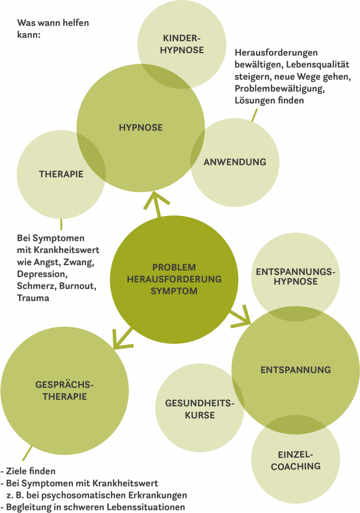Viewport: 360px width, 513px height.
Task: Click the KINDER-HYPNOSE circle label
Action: [183, 44]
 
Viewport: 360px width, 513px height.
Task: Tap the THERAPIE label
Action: [61, 174]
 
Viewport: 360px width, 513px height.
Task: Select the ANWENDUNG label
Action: [234, 162]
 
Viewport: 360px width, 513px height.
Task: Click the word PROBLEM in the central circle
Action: [174, 267]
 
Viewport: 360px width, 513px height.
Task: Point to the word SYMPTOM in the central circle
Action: [174, 291]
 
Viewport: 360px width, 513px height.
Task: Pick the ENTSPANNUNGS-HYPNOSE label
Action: [295, 277]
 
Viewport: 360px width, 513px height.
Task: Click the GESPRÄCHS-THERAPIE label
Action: [65, 391]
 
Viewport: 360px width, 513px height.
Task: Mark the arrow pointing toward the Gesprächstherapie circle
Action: [121, 338]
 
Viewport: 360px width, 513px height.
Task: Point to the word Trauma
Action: [33, 298]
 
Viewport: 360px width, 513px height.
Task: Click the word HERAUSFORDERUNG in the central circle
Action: [174, 279]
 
